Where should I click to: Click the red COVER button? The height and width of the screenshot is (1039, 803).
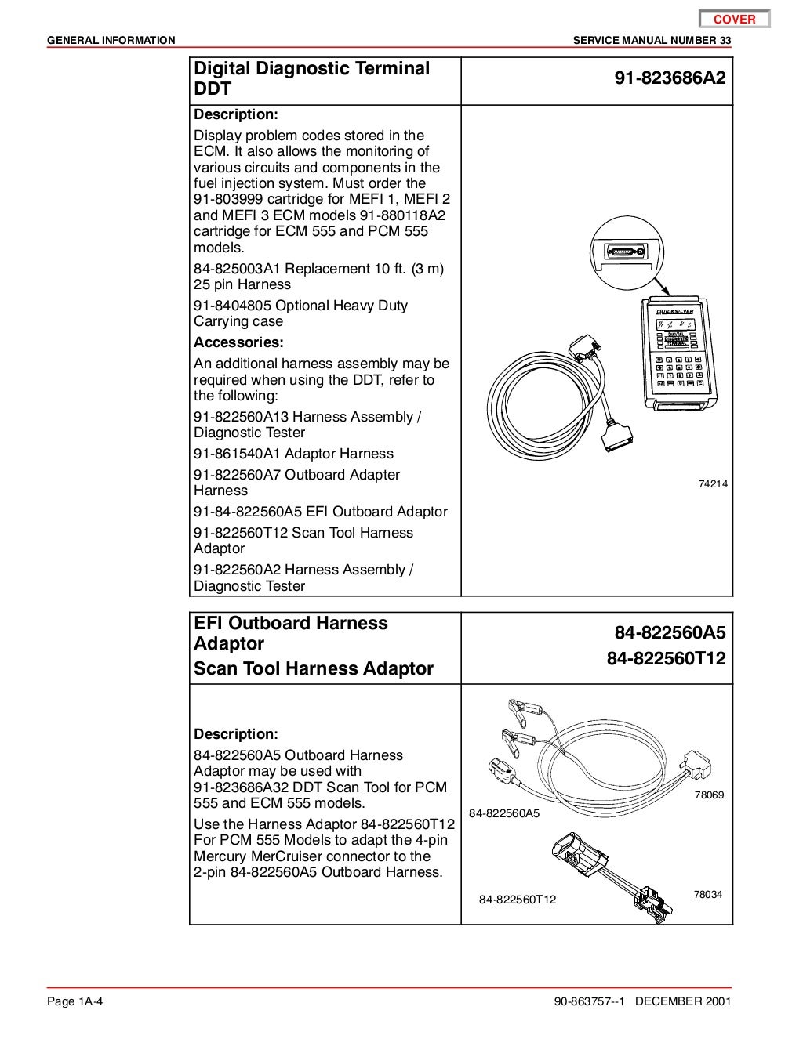(735, 20)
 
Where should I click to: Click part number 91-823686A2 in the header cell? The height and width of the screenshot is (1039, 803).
(670, 78)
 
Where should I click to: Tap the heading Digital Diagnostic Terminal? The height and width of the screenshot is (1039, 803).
(311, 68)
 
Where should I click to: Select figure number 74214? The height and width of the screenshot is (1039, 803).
(713, 484)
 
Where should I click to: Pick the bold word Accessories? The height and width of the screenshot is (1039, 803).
(238, 342)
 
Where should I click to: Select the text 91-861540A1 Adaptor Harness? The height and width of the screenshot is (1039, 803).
(293, 454)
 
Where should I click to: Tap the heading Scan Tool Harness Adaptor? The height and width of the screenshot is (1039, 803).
(313, 668)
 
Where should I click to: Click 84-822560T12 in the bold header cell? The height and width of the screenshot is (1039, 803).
(666, 659)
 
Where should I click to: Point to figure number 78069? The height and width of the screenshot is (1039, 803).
(709, 795)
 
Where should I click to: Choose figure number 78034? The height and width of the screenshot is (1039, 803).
(707, 895)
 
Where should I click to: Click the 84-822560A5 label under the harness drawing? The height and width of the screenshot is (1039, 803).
(504, 813)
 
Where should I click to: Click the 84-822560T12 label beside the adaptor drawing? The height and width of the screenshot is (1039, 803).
(518, 900)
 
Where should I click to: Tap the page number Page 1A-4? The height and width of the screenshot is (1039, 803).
(76, 1001)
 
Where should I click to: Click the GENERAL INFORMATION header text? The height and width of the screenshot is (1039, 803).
(111, 40)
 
